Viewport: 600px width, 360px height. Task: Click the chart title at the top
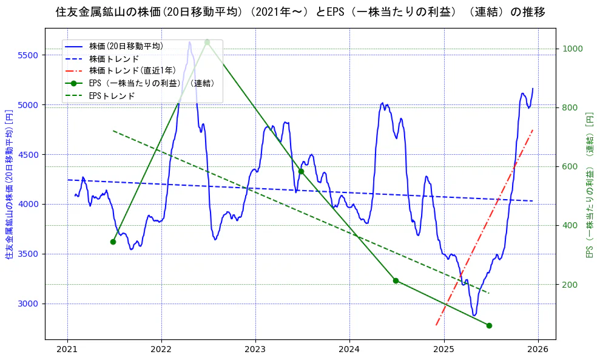point(300,12)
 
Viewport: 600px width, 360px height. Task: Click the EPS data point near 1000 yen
point(207,42)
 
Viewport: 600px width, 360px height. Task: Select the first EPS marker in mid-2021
point(113,242)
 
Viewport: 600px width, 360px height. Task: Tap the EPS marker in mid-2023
point(301,171)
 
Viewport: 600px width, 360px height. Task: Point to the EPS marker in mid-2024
point(396,280)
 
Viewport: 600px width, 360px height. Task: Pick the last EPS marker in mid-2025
point(489,325)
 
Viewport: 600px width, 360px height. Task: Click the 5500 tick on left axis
point(29,55)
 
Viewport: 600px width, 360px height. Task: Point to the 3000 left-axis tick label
point(29,304)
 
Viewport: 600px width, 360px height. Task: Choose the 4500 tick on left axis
point(29,155)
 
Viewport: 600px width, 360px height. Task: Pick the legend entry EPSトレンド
point(112,96)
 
